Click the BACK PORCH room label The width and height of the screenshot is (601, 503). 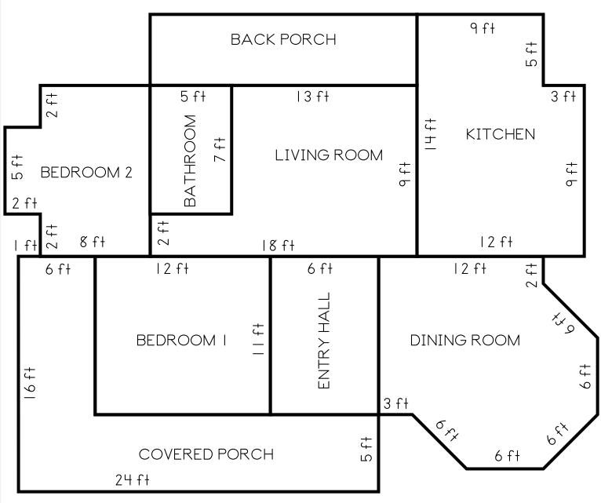tap(283, 39)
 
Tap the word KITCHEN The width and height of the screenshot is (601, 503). tap(501, 134)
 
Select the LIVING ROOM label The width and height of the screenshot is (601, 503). tap(329, 155)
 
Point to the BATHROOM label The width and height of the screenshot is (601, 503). tap(190, 161)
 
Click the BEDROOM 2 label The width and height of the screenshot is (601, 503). tap(86, 173)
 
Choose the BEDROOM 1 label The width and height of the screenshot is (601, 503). tap(181, 340)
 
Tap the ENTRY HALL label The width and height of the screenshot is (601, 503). tap(324, 341)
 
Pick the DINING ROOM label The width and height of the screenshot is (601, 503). tap(465, 340)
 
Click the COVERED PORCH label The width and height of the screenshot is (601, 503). tap(206, 454)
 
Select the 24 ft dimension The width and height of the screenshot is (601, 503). tap(133, 479)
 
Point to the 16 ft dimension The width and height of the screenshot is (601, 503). tap(30, 384)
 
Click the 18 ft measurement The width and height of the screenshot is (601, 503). tap(279, 246)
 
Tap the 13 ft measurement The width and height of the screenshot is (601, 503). tap(312, 97)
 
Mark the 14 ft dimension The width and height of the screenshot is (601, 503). tap(430, 134)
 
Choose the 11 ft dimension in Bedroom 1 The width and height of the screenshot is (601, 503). tap(257, 339)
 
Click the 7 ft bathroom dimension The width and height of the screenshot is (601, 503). tap(220, 150)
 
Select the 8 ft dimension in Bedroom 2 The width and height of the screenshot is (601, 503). tap(93, 242)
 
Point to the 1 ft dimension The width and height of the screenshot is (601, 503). tap(26, 246)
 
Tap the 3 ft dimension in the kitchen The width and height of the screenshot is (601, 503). tap(563, 97)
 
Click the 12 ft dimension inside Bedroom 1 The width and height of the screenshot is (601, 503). tap(172, 268)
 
